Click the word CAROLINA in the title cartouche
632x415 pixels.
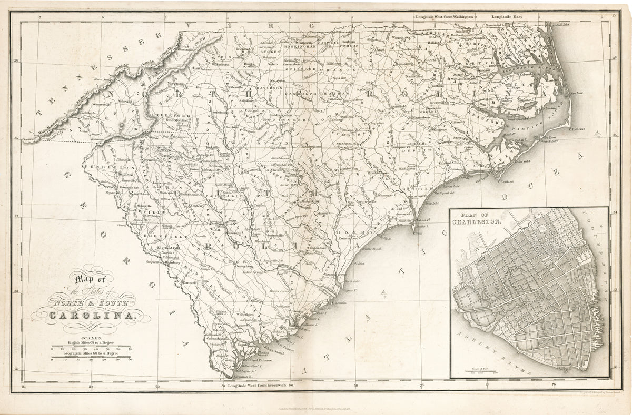[93, 316]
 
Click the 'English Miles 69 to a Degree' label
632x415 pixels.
[92, 343]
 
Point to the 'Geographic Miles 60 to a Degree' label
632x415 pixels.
[92, 354]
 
